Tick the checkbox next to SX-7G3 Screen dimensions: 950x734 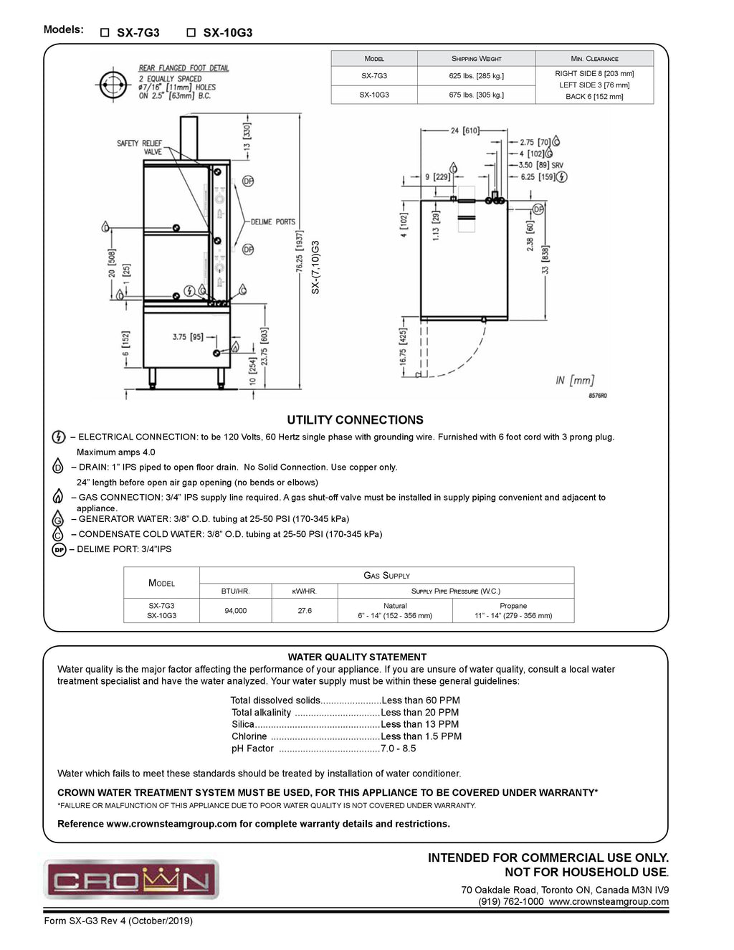pos(105,33)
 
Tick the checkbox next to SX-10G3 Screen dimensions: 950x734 pos(191,33)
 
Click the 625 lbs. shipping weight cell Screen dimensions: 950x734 pos(476,76)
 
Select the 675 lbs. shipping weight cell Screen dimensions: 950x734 pos(476,95)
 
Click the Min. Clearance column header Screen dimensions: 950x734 pos(594,59)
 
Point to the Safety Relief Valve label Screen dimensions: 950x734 pos(140,148)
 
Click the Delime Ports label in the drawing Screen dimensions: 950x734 pos(272,222)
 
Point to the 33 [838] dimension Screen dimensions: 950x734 pos(545,260)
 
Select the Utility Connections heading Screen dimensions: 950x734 pos(355,420)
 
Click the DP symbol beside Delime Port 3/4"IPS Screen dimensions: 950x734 pos(59,550)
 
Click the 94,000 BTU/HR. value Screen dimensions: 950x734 pos(235,611)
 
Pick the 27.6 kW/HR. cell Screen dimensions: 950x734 pos(305,611)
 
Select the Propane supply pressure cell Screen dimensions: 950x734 pos(513,611)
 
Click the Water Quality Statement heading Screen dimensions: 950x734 pos(357,657)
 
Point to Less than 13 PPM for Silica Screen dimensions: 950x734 pos(420,724)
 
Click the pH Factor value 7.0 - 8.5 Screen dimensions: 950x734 pos(399,749)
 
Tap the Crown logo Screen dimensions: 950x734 pos(131,880)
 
